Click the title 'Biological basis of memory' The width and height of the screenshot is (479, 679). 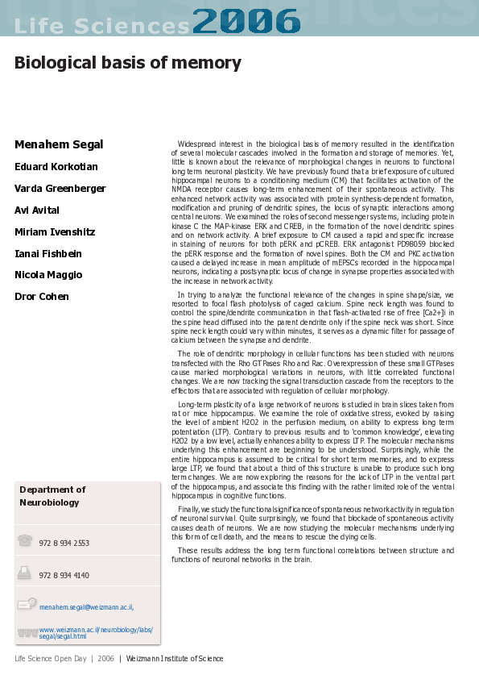127,63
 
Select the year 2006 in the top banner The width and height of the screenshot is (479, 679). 246,20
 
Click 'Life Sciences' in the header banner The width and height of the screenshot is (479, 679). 101,26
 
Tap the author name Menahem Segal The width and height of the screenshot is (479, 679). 59,145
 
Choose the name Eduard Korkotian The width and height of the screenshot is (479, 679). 56,167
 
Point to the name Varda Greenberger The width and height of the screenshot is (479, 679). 60,189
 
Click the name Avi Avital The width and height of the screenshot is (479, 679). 37,210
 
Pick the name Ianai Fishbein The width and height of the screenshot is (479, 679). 47,254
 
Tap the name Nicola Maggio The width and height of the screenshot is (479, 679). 48,275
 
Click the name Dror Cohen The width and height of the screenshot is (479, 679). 42,297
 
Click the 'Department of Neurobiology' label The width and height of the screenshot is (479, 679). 52,496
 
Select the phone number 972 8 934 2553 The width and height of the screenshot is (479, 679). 64,544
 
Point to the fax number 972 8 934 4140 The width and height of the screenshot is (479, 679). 64,576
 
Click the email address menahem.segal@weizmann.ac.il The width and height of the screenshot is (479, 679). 86,607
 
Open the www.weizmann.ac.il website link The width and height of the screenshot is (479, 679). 96,633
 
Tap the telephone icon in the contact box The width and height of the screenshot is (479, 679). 25,540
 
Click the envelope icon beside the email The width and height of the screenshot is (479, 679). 27,603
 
